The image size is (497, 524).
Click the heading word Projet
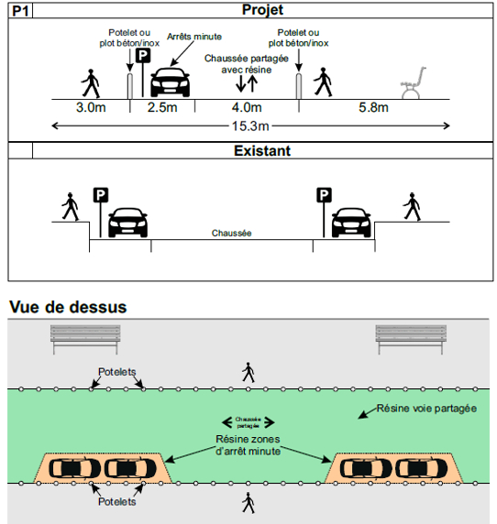pyautogui.click(x=262, y=10)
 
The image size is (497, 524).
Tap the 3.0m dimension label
pyautogui.click(x=89, y=108)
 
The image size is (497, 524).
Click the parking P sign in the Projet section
pyautogui.click(x=143, y=56)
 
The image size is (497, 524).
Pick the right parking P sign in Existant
pyautogui.click(x=323, y=195)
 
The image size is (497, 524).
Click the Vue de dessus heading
pyautogui.click(x=67, y=307)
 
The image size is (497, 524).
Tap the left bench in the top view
pyautogui.click(x=85, y=339)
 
